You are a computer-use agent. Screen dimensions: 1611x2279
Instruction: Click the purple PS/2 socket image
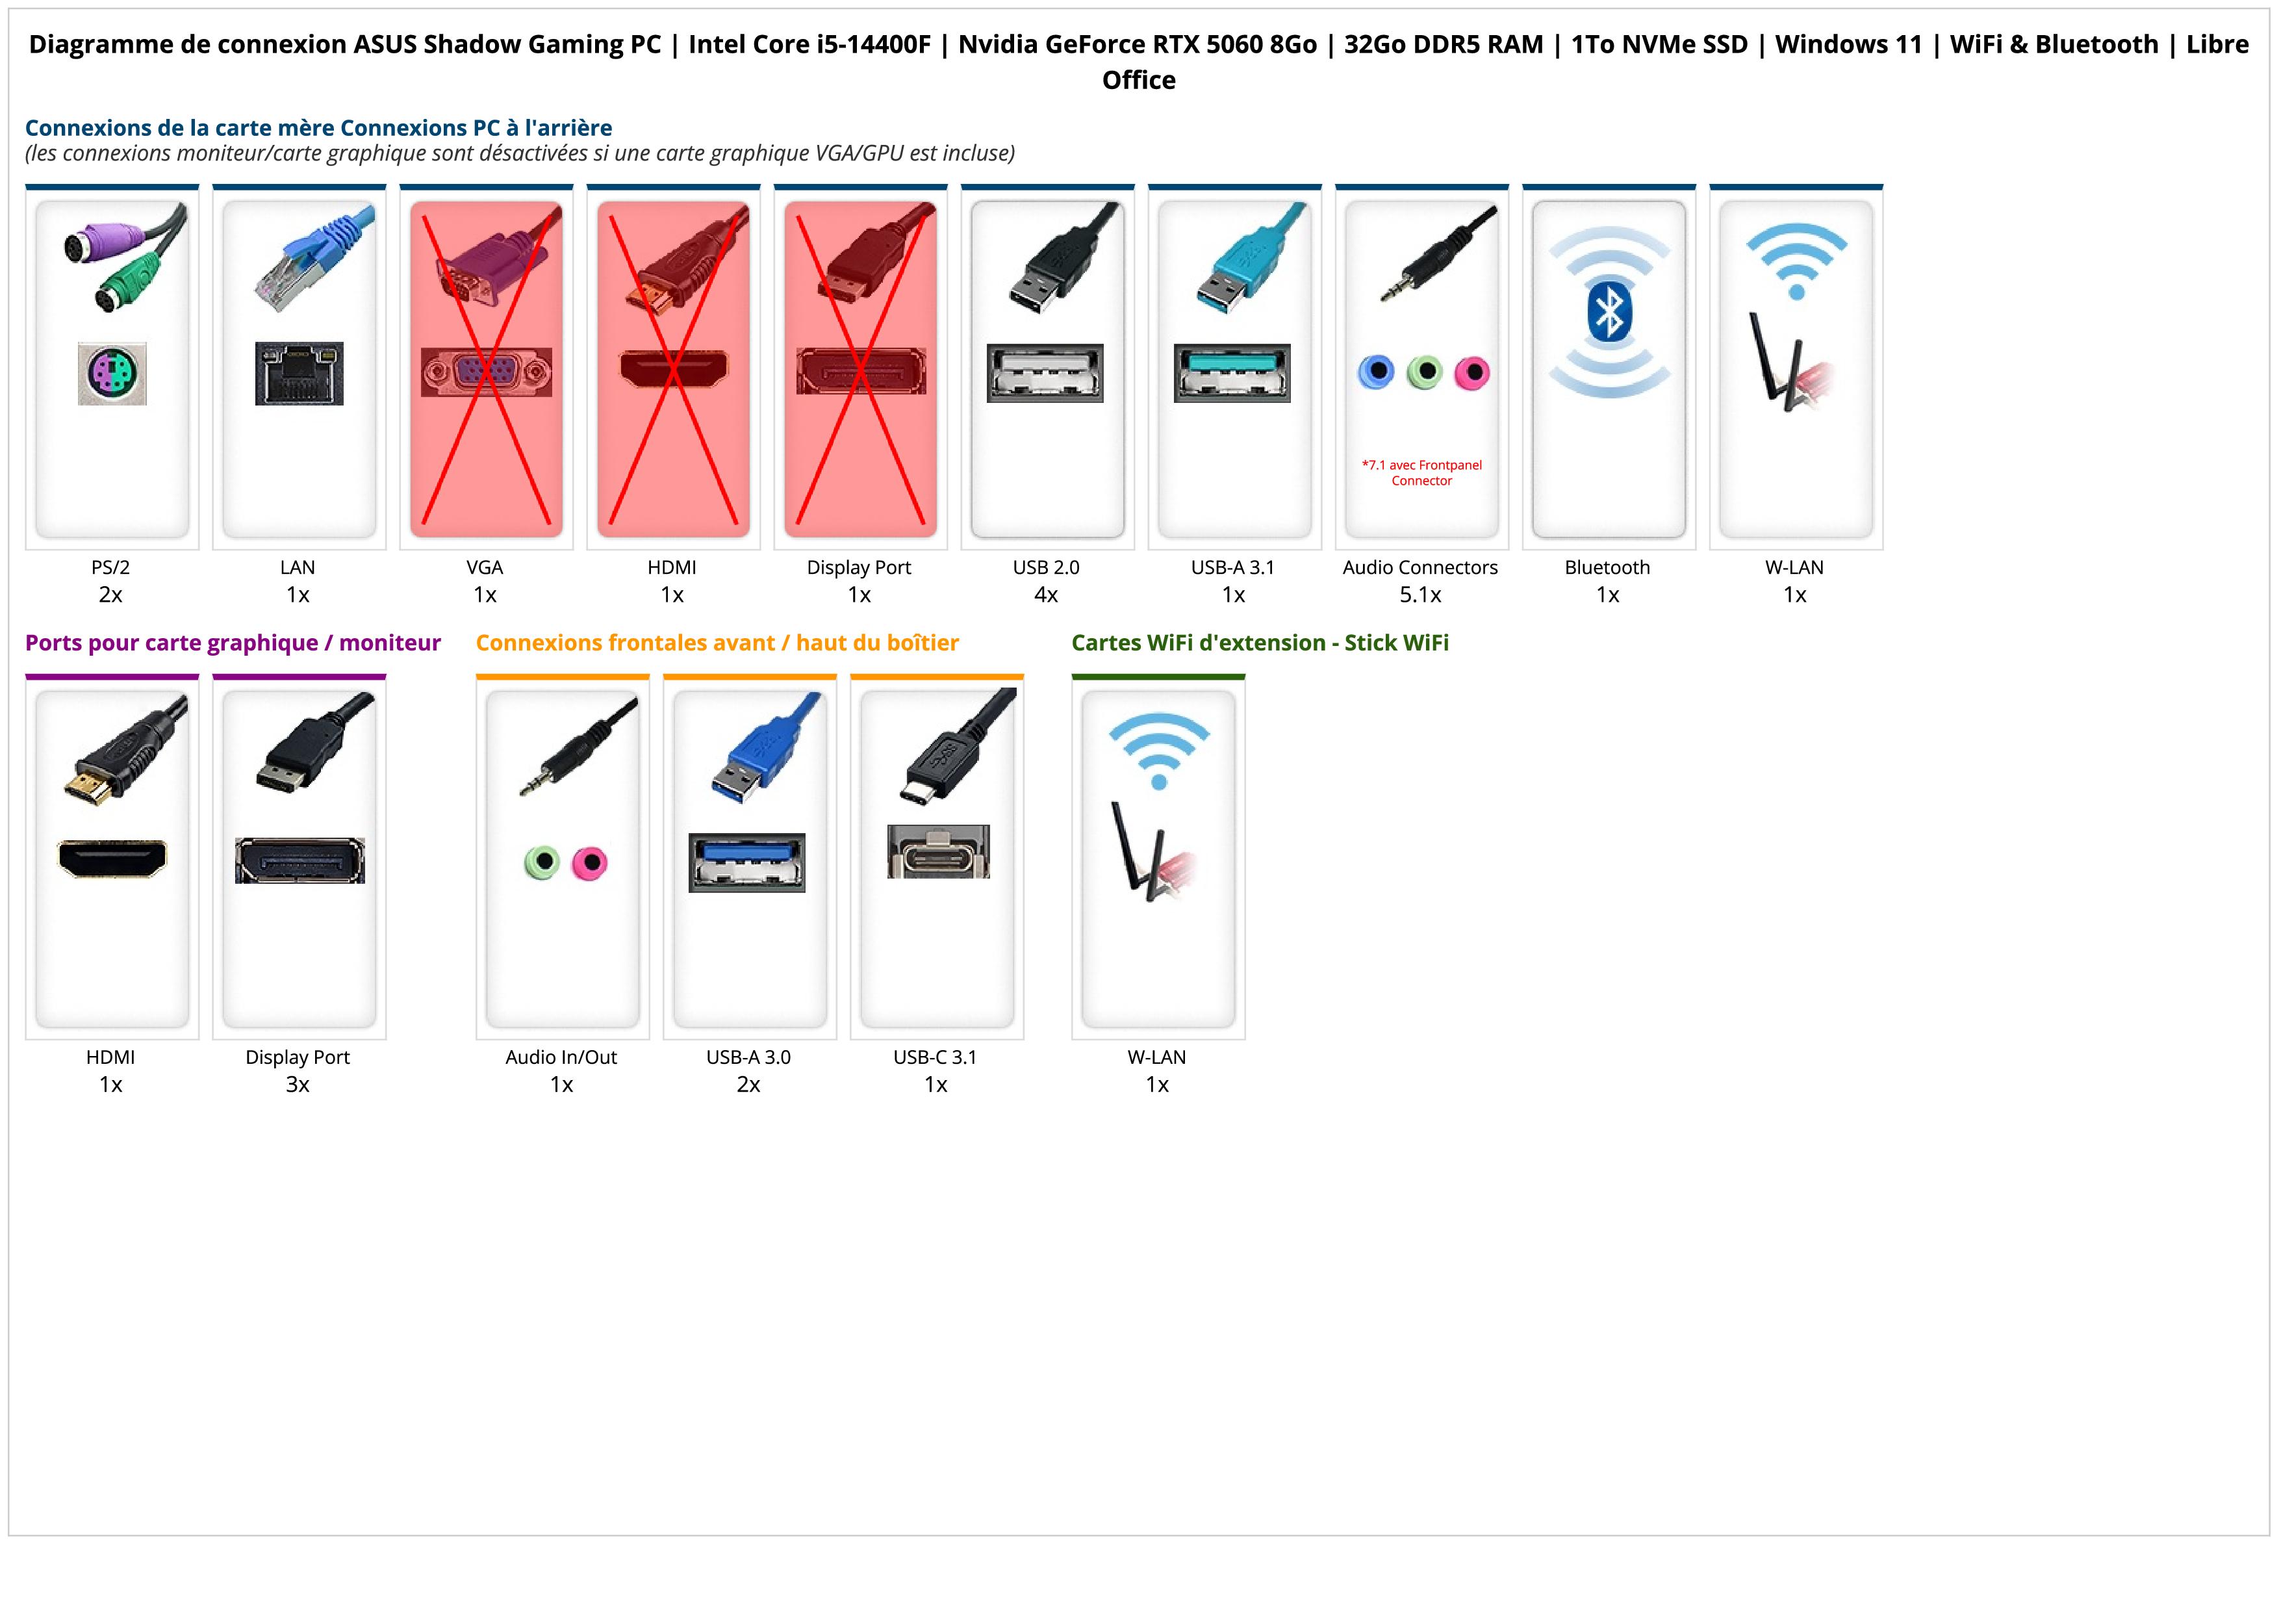tap(112, 373)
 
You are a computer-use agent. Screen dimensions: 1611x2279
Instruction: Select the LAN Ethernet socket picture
tap(299, 373)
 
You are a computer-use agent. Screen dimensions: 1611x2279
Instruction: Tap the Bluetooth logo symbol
tap(1608, 313)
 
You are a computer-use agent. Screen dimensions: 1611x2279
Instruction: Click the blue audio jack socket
tap(1376, 372)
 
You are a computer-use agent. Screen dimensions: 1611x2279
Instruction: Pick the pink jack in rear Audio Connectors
tap(1472, 372)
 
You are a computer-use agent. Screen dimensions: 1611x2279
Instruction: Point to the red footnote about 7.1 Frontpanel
tap(1421, 472)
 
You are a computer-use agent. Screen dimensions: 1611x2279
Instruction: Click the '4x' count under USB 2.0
tap(1046, 595)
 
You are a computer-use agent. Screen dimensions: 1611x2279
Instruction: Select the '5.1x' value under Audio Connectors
tap(1420, 595)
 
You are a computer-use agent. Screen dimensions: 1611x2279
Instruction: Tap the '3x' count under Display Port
tap(298, 1084)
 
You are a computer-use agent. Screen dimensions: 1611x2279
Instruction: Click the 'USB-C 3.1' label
tap(935, 1057)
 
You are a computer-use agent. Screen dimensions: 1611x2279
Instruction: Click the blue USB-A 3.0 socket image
tap(747, 862)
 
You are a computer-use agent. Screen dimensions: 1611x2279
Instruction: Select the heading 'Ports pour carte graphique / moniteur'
tap(233, 643)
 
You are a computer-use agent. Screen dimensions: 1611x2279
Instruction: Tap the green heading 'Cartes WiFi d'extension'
tap(1260, 643)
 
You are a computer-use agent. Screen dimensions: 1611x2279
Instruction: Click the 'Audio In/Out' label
tap(561, 1057)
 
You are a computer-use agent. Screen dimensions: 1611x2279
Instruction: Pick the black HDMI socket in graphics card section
tap(112, 858)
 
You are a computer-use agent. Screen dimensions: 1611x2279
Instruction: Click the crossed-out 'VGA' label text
tap(485, 568)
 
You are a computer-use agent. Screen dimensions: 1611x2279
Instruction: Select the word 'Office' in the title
tap(1138, 81)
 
